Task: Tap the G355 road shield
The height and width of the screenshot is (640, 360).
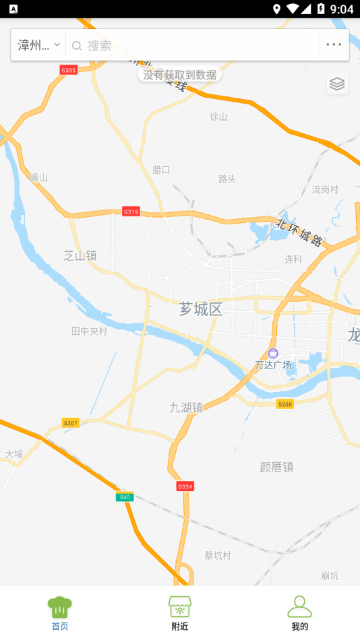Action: pos(69,70)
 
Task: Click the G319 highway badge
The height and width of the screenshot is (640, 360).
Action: pos(131,212)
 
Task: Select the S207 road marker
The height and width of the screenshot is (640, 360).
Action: pos(70,423)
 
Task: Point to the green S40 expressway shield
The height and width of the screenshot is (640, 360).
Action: pos(123,497)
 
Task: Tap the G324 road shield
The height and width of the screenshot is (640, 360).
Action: pos(185,486)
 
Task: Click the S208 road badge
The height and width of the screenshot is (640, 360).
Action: pos(285,404)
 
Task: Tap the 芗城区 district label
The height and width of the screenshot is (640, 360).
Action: pos(201,309)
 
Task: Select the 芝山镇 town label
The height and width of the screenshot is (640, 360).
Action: pos(80,255)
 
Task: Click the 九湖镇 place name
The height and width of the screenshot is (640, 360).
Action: pos(186,408)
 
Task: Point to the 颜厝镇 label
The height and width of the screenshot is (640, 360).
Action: pos(276,467)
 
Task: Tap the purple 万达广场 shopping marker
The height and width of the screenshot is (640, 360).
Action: pos(273,354)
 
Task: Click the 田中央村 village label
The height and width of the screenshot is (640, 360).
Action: pos(90,331)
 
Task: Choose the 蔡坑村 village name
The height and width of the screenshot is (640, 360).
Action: pos(218,556)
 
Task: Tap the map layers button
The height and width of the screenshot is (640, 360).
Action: pos(337,84)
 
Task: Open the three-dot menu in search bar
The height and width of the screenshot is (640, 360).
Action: pos(334,45)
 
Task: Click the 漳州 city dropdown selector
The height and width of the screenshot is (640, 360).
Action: pos(39,45)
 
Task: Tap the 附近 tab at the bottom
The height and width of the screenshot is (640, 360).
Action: pos(180,613)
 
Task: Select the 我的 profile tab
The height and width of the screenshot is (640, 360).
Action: pos(300,613)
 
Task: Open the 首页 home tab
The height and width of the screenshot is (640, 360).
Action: pos(60,613)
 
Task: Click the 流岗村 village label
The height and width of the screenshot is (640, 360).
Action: pos(325,189)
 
